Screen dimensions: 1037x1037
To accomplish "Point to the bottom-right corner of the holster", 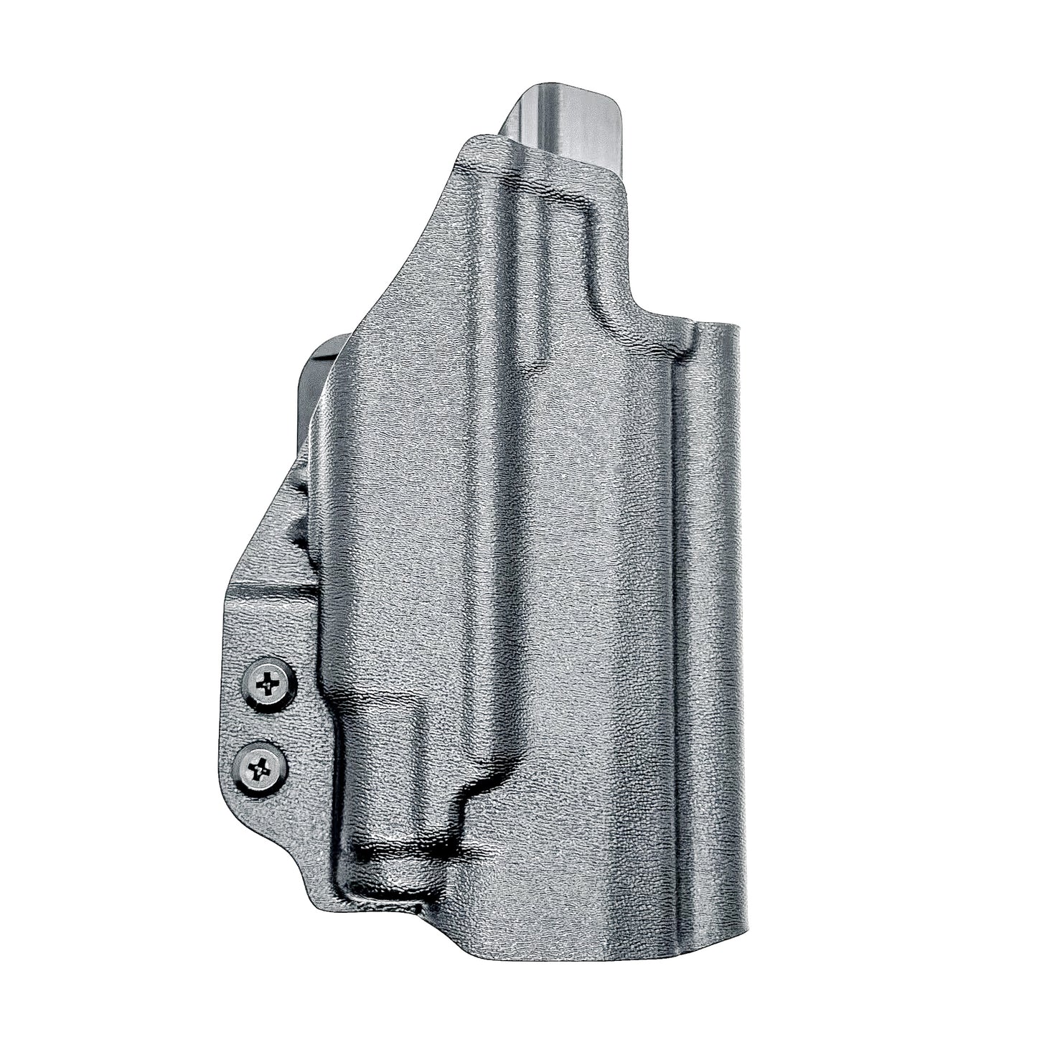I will pos(743,926).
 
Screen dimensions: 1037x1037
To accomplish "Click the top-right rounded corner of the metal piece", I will pos(614,100).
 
